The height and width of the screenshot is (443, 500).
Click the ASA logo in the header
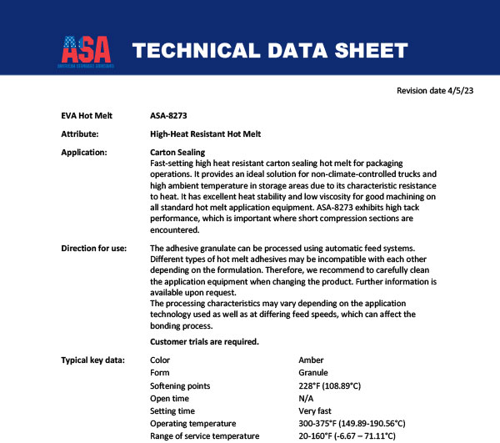click(x=87, y=51)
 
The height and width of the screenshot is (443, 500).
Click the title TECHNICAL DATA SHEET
click(x=270, y=51)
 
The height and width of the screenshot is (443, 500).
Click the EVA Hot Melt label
click(x=87, y=115)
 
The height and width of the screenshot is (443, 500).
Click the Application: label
click(x=84, y=153)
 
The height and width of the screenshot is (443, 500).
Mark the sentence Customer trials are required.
click(x=204, y=342)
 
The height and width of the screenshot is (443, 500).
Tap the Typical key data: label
click(x=93, y=360)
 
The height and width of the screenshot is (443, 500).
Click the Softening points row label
click(x=180, y=385)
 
